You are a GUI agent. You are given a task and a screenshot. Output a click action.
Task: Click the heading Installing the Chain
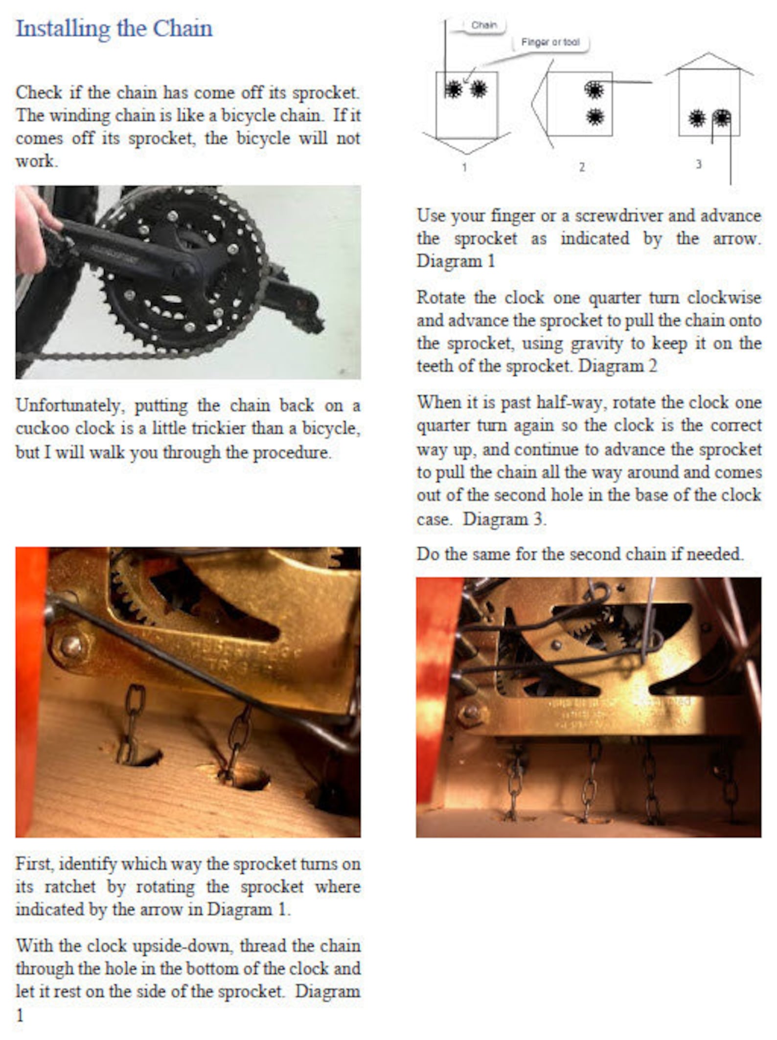114,28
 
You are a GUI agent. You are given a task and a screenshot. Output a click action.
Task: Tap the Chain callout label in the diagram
483,25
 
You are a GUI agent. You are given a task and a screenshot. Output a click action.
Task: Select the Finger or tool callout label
550,43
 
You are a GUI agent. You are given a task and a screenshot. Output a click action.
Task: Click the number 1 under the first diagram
464,167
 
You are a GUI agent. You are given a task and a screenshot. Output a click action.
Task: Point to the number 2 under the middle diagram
582,167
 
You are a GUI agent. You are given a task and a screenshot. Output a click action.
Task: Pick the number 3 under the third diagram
699,164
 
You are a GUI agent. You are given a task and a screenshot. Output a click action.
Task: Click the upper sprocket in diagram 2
594,90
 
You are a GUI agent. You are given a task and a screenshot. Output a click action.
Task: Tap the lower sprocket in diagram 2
595,117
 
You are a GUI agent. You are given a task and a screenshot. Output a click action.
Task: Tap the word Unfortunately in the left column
67,406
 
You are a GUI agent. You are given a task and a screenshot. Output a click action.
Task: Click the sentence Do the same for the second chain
580,554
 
